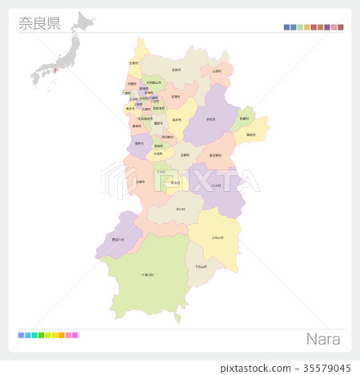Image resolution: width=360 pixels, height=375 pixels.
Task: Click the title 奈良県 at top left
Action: click(x=39, y=23)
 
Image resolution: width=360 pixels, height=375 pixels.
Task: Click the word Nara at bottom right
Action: click(x=323, y=339)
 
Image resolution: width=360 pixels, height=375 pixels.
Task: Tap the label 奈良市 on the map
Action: click(x=175, y=70)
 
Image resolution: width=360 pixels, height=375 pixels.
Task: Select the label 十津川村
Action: click(x=148, y=274)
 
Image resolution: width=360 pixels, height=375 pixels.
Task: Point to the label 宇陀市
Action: click(x=210, y=119)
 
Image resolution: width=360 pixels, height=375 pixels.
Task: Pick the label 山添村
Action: click(x=217, y=70)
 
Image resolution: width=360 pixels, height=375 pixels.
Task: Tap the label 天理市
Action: click(x=175, y=97)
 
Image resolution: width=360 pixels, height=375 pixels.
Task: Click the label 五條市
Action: click(x=141, y=182)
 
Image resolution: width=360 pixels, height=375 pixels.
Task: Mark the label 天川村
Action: click(x=180, y=209)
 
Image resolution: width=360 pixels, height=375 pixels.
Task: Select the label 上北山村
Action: click(x=218, y=237)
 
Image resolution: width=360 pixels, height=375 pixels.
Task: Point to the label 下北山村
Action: click(x=201, y=266)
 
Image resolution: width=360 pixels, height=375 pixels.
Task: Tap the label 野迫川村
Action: click(x=118, y=238)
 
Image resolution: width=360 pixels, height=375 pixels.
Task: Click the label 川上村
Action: click(x=216, y=185)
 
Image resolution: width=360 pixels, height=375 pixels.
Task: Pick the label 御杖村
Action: click(x=251, y=134)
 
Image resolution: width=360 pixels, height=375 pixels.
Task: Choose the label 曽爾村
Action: click(x=243, y=118)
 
